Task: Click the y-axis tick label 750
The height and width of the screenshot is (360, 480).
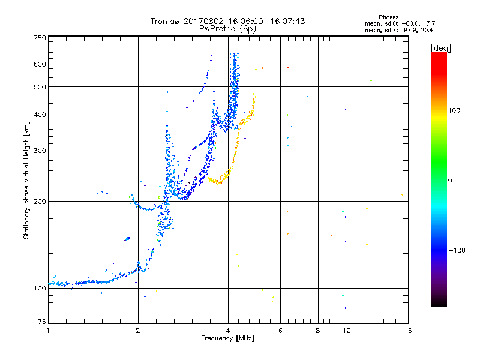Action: click(x=40, y=37)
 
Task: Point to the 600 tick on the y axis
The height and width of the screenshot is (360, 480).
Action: click(x=40, y=64)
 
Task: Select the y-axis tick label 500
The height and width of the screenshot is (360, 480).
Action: click(x=40, y=87)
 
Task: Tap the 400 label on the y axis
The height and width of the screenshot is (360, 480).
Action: click(x=40, y=115)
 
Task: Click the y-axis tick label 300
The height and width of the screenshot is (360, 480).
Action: click(x=40, y=151)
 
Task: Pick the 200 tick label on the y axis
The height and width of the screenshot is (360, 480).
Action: click(x=40, y=202)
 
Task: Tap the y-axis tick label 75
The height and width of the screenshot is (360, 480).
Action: click(x=41, y=323)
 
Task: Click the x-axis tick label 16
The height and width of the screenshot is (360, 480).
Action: click(x=407, y=331)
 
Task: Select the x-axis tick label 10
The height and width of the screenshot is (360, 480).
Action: click(x=346, y=331)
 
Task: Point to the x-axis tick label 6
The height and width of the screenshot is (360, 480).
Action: click(x=280, y=331)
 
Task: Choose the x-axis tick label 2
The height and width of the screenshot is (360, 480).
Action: click(x=138, y=331)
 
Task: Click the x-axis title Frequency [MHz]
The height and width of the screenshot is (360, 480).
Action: click(x=227, y=338)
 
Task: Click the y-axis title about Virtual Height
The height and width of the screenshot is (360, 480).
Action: click(x=26, y=180)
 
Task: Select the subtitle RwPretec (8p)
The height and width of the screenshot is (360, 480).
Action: click(x=227, y=28)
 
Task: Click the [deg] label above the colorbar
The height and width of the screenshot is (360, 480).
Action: click(x=440, y=47)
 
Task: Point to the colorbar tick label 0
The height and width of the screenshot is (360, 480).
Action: click(x=450, y=180)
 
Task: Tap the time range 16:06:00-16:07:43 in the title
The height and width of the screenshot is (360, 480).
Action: click(x=260, y=21)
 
